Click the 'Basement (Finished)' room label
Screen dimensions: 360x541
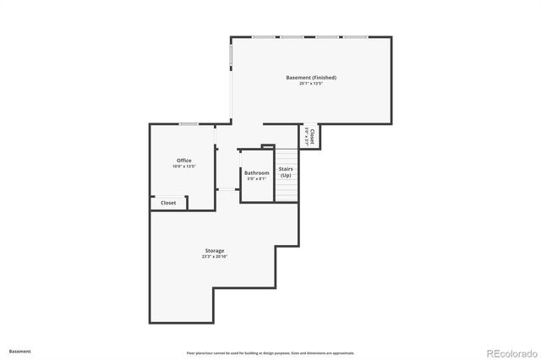coord(305,78)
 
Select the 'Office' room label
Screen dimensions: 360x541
coord(183,161)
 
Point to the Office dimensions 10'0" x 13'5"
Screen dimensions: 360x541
coord(183,166)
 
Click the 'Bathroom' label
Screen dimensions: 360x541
coord(257,173)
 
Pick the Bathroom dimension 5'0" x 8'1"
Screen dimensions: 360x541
coord(257,179)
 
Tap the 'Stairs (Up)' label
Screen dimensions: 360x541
coord(286,172)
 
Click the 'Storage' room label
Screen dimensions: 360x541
coord(215,251)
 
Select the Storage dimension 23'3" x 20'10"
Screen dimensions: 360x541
coord(215,257)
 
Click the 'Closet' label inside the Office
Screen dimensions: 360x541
coord(168,203)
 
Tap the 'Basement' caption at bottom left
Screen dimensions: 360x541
coord(20,351)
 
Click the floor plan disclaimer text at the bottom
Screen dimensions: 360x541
coord(270,352)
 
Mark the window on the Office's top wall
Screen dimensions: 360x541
coord(189,124)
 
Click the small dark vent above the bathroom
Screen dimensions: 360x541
coord(268,147)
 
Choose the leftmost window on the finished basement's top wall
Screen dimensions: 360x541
coord(262,36)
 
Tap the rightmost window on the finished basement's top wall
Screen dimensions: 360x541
coord(355,36)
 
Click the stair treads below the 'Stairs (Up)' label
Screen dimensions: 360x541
coord(287,191)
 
